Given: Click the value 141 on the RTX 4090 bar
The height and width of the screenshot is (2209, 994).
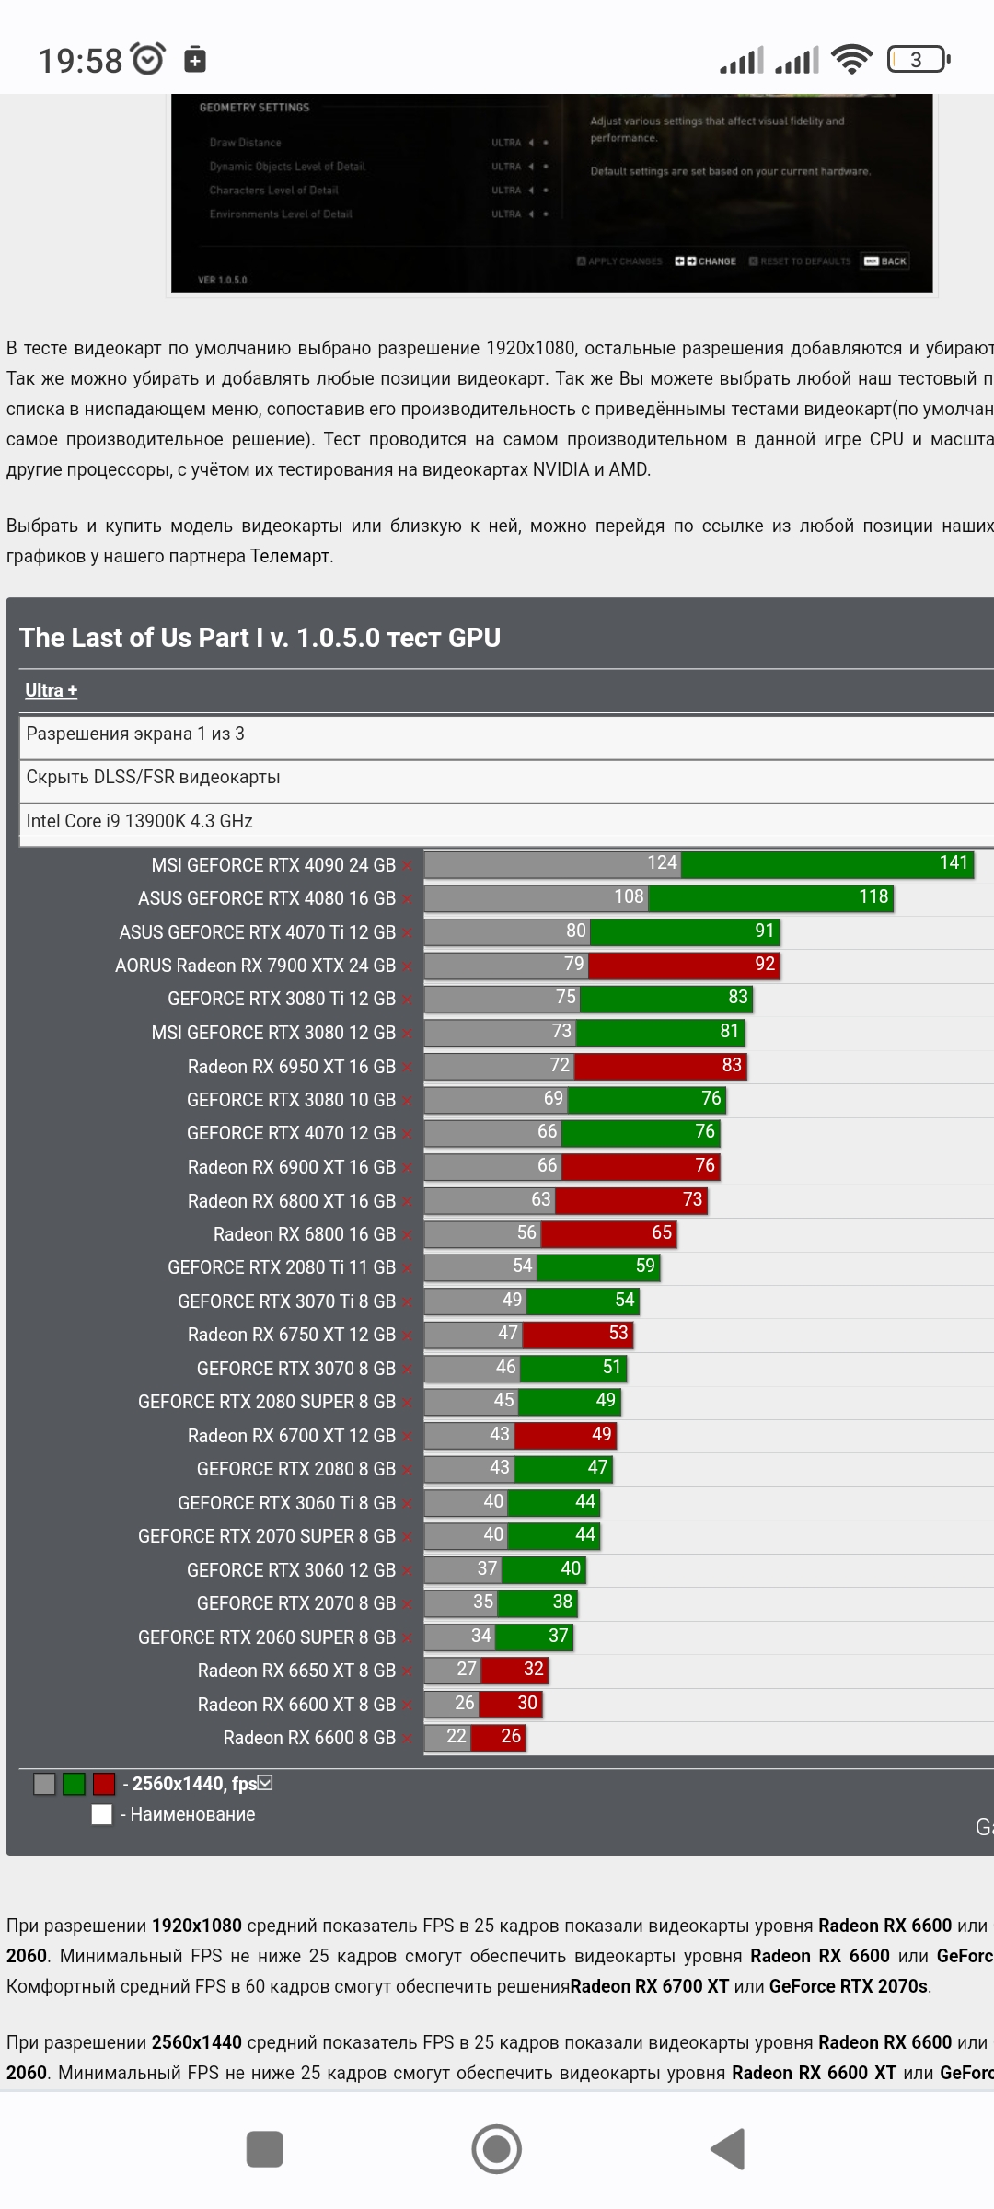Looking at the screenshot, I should (954, 863).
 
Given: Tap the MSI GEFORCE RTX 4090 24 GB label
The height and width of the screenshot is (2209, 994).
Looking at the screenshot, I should (273, 865).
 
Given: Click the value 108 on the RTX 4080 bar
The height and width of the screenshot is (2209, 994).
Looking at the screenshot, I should (629, 897).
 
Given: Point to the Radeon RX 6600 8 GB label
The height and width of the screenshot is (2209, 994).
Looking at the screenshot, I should (309, 1738).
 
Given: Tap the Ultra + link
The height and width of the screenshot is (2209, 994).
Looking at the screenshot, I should (51, 690).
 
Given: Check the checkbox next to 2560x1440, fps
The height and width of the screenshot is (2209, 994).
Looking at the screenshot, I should (266, 1783).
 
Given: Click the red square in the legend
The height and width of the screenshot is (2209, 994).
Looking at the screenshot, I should (104, 1784).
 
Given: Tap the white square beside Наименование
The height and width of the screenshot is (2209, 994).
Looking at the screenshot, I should (102, 1814).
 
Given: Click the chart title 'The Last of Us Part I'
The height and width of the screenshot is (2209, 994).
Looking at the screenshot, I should (260, 638).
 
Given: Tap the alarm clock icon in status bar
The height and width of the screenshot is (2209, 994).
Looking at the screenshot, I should (148, 59).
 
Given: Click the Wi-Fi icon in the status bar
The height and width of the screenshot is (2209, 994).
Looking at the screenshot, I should (851, 60).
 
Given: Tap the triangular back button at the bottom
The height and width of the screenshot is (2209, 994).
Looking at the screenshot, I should (728, 2149).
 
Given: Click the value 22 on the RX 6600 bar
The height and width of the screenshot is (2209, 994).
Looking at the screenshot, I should (457, 1737).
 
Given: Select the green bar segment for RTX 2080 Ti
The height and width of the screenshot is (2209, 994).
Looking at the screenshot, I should (597, 1266).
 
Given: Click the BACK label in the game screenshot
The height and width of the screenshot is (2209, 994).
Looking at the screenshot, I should (886, 261).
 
